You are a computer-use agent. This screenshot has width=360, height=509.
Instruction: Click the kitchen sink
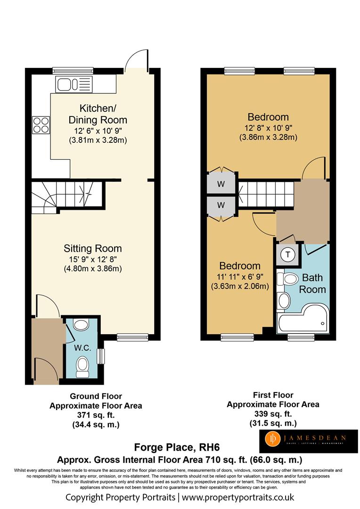74,84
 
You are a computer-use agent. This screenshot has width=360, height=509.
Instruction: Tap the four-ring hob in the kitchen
41,125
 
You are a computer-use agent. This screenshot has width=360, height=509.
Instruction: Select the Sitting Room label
92,248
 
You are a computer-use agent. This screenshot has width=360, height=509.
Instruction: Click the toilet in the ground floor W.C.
82,368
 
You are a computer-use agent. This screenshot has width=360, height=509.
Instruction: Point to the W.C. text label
82,348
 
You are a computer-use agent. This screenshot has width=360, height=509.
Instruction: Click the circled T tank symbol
287,254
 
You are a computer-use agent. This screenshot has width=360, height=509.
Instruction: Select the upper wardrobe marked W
221,184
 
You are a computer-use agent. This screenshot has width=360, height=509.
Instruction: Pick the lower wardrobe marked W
221,205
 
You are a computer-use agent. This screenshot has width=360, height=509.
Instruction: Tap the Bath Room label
312,283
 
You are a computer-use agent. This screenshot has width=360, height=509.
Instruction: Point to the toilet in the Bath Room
288,279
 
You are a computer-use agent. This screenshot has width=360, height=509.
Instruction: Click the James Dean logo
308,441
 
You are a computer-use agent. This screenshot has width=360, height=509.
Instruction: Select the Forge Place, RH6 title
177,447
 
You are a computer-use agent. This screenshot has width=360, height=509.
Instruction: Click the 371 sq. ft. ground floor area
96,415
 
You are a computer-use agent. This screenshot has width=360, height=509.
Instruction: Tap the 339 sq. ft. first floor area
273,414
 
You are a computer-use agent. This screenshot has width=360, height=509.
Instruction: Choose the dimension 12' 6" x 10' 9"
98,131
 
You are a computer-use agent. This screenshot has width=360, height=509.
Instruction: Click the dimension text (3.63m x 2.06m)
240,287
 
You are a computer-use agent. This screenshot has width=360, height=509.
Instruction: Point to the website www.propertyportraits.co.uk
238,497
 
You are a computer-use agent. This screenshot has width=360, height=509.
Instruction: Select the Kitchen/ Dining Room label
98,114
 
